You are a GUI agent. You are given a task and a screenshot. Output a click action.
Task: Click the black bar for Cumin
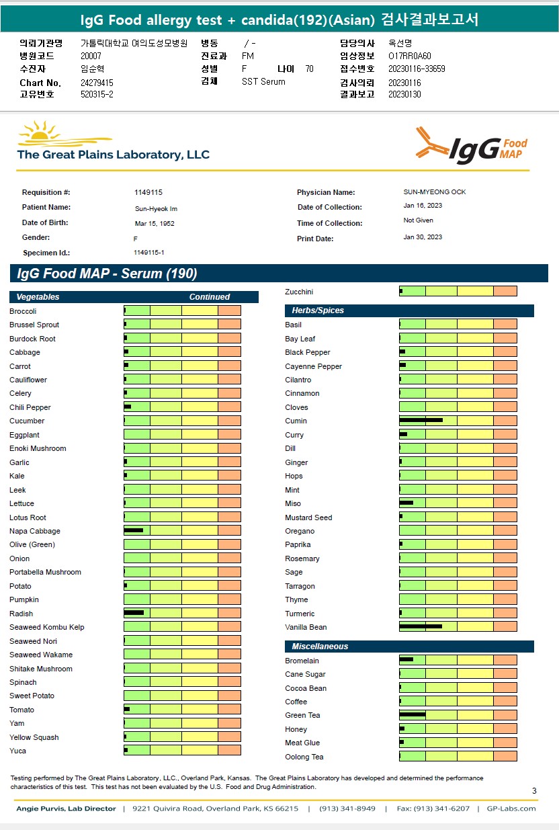point(421,420)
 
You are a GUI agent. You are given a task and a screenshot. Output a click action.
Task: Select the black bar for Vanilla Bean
point(421,626)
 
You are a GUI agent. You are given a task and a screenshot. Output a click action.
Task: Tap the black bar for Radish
point(134,613)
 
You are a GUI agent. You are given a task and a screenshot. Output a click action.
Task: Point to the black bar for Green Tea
point(412,714)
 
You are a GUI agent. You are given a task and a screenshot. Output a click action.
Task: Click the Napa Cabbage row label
point(35,531)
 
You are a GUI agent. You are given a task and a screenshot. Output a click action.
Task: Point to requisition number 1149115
point(148,192)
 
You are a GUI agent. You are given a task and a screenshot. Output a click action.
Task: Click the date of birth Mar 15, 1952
point(155,223)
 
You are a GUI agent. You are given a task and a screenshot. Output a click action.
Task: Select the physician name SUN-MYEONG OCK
point(435,192)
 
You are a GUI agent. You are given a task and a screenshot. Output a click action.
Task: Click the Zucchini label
point(299,292)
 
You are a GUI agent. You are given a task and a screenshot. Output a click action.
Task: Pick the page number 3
point(534,791)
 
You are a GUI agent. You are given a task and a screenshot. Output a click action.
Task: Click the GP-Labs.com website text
point(511,808)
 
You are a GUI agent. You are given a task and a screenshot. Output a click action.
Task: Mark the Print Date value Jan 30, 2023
point(423,237)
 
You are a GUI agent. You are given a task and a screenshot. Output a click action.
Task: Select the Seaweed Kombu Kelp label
point(47,627)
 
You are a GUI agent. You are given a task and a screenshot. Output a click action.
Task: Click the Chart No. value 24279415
point(97,83)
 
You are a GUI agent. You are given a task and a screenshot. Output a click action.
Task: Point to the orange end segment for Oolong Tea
point(505,756)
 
